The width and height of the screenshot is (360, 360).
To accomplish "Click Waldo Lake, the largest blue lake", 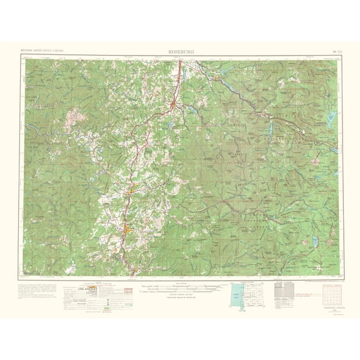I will pyautogui.click(x=331, y=119).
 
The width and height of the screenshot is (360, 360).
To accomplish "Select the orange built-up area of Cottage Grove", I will pyautogui.click(x=171, y=110).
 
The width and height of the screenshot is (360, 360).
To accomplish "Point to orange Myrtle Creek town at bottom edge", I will pyautogui.click(x=134, y=270).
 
